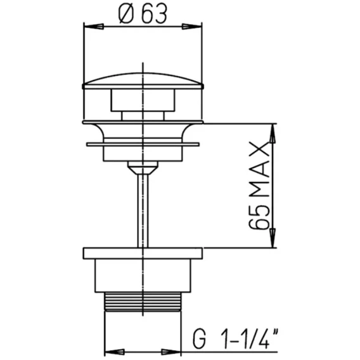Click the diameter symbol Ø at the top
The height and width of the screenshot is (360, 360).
pyautogui.click(x=126, y=14)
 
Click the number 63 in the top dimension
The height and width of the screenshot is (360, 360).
pyautogui.click(x=154, y=14)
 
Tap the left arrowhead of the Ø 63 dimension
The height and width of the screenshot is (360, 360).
pyautogui.click(x=94, y=27)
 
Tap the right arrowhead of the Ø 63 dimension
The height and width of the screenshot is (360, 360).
pyautogui.click(x=192, y=27)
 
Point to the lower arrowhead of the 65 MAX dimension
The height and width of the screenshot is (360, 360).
pyautogui.click(x=273, y=238)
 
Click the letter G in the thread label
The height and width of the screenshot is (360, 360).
pyautogui.click(x=199, y=339)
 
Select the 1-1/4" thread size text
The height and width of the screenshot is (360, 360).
pyautogui.click(x=250, y=338)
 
